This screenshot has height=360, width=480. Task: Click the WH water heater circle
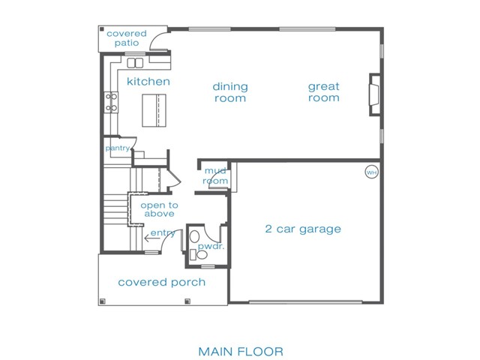pos(372,172)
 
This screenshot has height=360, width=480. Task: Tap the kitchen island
pos(154,110)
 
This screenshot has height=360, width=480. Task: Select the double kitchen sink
pos(135,63)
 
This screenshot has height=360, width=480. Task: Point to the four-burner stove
pos(111,102)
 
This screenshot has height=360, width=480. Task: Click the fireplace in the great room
pos(375,94)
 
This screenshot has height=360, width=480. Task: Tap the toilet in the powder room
pos(202,255)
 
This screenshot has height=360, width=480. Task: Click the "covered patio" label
pos(127,38)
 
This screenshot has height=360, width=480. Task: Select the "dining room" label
pos(230,92)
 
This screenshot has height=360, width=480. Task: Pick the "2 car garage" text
pos(303,229)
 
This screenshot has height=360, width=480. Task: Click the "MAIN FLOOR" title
pos(241,351)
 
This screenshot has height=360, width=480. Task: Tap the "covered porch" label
pos(162,282)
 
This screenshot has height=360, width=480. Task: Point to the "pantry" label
pos(118,148)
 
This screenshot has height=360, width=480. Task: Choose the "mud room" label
pos(215,175)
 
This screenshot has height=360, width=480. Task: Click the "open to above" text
pos(159,209)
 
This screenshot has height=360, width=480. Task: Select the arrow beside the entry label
pos(152,238)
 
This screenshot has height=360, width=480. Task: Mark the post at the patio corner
pos(102,30)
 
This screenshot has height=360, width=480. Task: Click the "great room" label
pos(323,91)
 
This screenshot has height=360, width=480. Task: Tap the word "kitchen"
pos(148,82)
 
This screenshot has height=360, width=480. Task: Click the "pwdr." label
pos(211,247)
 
